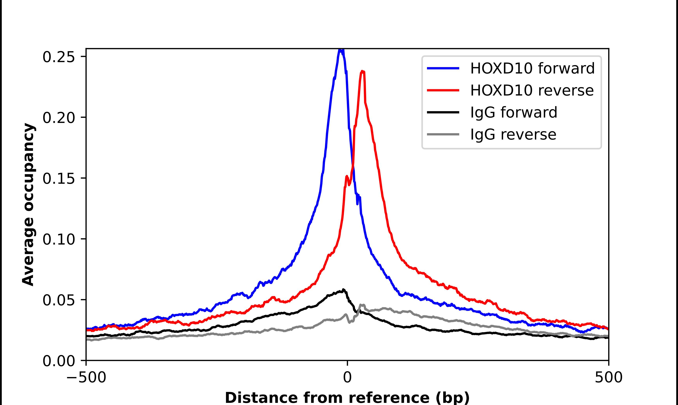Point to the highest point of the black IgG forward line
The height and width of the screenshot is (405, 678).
[343, 290]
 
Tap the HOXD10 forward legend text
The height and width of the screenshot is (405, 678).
[532, 68]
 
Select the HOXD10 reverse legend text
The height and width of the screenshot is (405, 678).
[532, 90]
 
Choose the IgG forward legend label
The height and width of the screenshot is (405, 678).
[514, 112]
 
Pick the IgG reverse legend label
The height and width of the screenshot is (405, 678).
[513, 135]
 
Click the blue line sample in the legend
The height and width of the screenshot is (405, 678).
[443, 68]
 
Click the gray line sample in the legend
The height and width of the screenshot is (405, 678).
[443, 134]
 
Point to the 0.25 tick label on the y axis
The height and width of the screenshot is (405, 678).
[59, 57]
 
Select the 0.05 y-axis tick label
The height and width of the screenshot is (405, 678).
[59, 300]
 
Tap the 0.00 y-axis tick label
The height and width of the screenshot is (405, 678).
[59, 361]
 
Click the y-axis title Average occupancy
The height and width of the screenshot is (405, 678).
[28, 205]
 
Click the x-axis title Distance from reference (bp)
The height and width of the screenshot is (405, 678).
[347, 397]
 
